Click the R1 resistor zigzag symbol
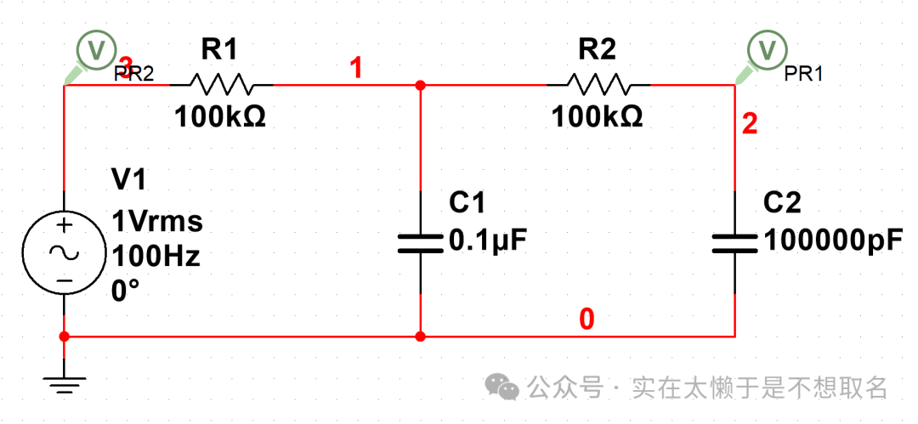pyautogui.click(x=221, y=85)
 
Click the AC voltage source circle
pyautogui.click(x=64, y=252)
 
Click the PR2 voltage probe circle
pyautogui.click(x=94, y=48)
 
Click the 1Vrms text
pyautogui.click(x=157, y=222)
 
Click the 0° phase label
pyautogui.click(x=125, y=291)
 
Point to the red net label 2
pyautogui.click(x=749, y=126)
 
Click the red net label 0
pyautogui.click(x=586, y=319)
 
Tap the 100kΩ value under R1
pyautogui.click(x=220, y=116)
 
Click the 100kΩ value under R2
pyautogui.click(x=597, y=116)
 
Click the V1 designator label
pyautogui.click(x=129, y=179)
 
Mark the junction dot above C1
pyautogui.click(x=421, y=86)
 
